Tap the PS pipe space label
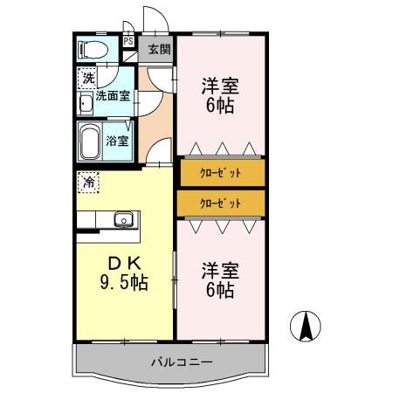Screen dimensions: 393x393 128,41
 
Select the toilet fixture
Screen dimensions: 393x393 93,49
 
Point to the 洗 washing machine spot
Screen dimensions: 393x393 87,79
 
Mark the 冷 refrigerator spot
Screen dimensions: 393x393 88,183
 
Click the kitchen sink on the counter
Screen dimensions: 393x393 121,218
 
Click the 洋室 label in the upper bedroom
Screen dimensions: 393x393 220,86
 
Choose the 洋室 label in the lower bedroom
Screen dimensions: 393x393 219,269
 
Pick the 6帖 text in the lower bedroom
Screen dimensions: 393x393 219,292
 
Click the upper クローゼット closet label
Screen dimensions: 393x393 220,171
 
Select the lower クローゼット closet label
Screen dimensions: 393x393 220,203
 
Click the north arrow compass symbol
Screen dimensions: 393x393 307,327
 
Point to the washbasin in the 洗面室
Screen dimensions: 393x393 86,105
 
